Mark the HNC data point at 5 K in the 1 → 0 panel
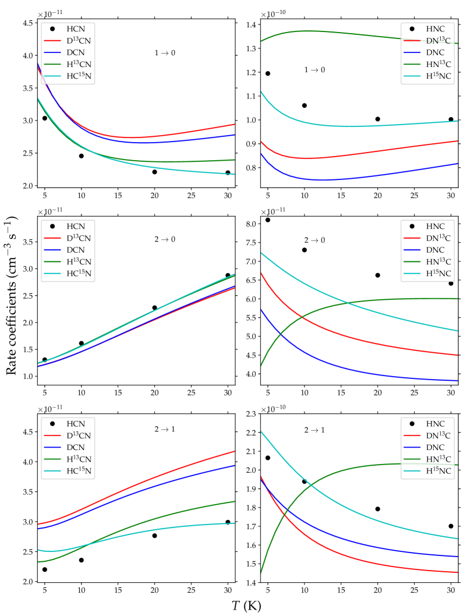268,73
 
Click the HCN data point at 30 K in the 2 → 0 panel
228,275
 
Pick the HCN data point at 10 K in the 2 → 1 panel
82,560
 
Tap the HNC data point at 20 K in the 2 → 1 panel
377,509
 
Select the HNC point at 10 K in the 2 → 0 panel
305,250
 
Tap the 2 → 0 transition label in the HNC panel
315,240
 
